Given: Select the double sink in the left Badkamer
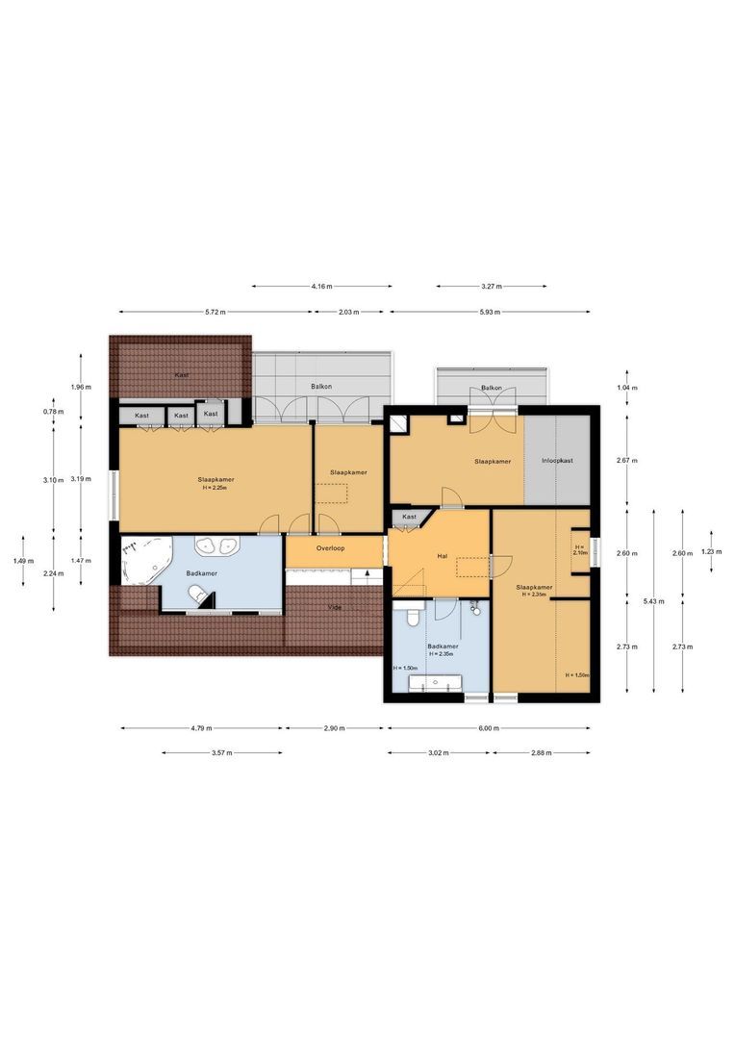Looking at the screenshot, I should click(x=216, y=546).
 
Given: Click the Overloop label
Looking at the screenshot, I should click(x=330, y=547).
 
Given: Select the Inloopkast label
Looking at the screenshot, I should click(x=557, y=461).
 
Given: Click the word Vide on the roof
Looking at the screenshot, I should click(x=335, y=607).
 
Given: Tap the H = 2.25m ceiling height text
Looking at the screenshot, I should click(x=216, y=487).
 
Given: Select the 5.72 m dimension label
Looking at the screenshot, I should click(x=216, y=312).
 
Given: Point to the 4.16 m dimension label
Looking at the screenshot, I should click(x=322, y=286).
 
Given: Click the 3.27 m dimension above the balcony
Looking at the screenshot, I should click(x=491, y=286).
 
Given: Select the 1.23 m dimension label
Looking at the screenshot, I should click(x=710, y=551).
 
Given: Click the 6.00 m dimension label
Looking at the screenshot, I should click(x=489, y=728).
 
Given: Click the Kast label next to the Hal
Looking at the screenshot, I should click(x=410, y=518).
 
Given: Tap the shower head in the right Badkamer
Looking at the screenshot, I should click(x=474, y=607).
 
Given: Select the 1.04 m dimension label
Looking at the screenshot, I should click(x=626, y=387).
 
